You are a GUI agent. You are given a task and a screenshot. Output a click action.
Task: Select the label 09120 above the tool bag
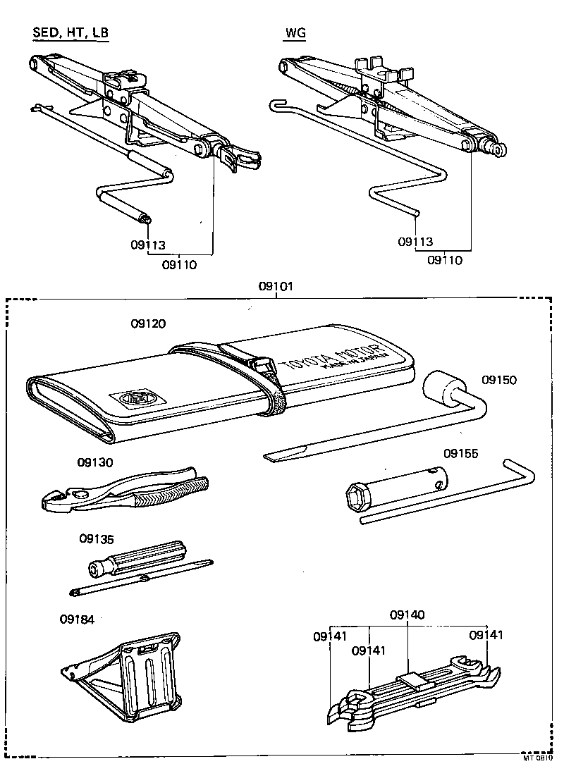(148, 324)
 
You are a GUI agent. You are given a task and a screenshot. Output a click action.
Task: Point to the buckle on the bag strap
(262, 366)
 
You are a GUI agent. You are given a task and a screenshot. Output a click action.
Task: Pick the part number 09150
(499, 380)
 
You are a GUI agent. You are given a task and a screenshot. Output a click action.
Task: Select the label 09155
(461, 453)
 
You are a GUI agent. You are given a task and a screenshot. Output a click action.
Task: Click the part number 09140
(407, 615)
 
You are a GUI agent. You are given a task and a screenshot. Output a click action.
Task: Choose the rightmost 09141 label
(486, 635)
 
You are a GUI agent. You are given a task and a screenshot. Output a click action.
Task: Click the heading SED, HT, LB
(70, 33)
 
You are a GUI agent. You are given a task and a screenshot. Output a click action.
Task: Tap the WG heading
(295, 33)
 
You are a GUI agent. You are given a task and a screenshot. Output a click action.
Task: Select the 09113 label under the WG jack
(415, 242)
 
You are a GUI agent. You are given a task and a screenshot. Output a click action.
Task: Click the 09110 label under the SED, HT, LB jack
(179, 265)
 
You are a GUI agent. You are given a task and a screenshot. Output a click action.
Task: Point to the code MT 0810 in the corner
(537, 759)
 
